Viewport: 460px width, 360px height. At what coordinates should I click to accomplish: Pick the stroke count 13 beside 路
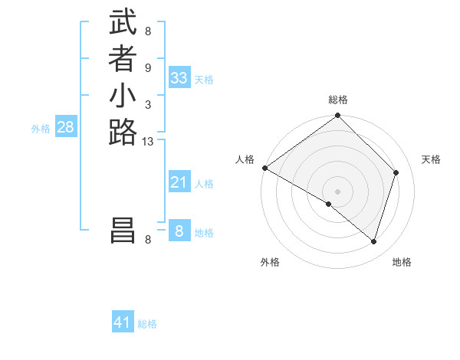[148, 141]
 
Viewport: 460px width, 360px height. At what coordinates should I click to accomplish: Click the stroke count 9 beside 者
[148, 67]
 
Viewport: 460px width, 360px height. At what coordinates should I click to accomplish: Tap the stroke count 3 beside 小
[148, 104]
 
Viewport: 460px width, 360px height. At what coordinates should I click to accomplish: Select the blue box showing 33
[179, 78]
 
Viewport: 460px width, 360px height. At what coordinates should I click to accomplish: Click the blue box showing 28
[65, 128]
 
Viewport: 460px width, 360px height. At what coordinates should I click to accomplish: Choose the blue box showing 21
[179, 182]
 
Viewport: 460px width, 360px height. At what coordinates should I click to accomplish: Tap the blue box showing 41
[123, 323]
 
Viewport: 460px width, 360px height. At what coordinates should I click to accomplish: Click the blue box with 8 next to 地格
[179, 231]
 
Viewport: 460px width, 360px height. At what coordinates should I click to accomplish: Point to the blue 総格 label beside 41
[147, 324]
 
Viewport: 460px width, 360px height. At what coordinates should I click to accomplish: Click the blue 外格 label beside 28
[41, 129]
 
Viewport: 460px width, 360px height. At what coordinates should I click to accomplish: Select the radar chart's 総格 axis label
[338, 100]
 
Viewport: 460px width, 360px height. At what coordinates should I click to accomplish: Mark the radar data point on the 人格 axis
[264, 168]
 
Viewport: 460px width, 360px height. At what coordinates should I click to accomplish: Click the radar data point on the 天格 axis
[396, 172]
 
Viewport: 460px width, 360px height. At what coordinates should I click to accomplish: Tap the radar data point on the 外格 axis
[328, 205]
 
